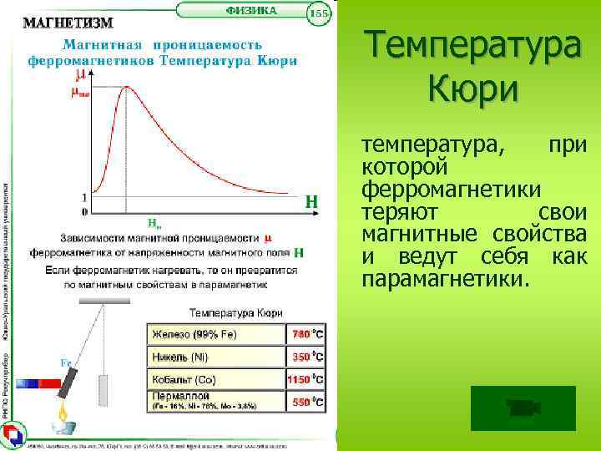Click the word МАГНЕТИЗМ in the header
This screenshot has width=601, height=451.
[68, 21]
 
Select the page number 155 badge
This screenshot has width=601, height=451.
[320, 14]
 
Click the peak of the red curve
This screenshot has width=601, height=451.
[126, 88]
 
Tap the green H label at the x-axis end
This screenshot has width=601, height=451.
[311, 201]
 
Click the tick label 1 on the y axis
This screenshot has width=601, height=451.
[84, 197]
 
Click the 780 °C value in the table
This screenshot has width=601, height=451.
[306, 334]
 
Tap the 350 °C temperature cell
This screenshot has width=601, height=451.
[306, 357]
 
